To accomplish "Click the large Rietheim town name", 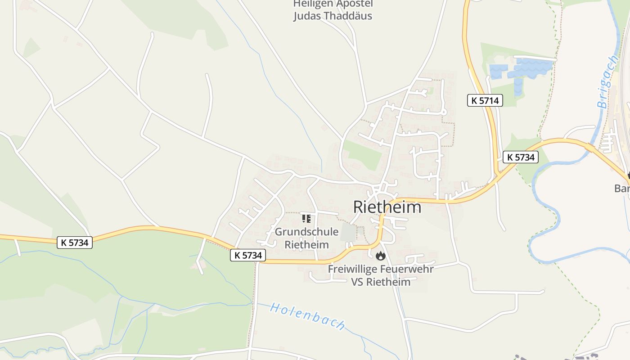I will [x=387, y=207].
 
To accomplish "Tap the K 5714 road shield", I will [x=485, y=101].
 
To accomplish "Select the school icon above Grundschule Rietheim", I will [x=306, y=219].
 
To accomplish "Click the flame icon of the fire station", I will [x=380, y=256].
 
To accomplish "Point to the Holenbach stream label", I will [x=308, y=316].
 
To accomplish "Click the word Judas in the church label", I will [x=308, y=16].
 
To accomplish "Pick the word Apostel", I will [x=353, y=4].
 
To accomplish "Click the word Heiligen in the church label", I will [x=313, y=4].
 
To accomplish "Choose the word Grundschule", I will [x=306, y=232].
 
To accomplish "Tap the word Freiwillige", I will [x=353, y=269].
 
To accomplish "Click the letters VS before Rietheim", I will [x=357, y=282].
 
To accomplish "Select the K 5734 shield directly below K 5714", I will [x=520, y=157].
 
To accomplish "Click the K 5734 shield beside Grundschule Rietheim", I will [x=248, y=255].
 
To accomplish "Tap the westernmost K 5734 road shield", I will [x=75, y=243].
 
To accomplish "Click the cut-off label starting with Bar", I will [x=622, y=188].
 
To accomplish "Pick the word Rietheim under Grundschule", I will [x=306, y=245].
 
